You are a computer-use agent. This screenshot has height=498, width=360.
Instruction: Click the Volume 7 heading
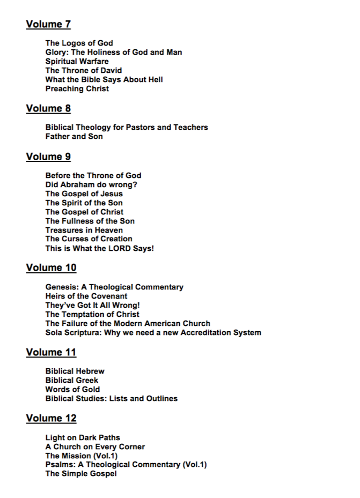click(48, 24)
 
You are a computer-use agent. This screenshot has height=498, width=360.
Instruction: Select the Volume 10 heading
click(51, 267)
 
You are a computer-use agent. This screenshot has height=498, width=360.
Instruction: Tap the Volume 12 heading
click(51, 418)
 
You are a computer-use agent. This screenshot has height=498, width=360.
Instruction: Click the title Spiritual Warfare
click(77, 61)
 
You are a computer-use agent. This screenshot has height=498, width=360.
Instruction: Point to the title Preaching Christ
click(77, 88)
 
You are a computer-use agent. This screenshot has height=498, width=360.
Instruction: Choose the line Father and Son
click(74, 136)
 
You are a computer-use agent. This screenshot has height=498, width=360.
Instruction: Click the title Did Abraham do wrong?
click(91, 184)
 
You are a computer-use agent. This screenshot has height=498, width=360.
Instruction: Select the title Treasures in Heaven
click(84, 230)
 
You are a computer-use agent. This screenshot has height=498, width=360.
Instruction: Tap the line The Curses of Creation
click(89, 239)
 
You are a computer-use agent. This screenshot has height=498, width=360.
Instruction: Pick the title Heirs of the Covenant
click(86, 296)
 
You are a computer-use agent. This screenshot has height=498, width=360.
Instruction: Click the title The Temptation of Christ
click(92, 314)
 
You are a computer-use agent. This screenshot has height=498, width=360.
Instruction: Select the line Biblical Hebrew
click(75, 371)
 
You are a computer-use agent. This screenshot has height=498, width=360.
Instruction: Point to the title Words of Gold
click(72, 389)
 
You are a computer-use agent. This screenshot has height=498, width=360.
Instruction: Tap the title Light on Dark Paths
click(83, 437)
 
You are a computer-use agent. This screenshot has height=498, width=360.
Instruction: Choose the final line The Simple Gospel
click(80, 473)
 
